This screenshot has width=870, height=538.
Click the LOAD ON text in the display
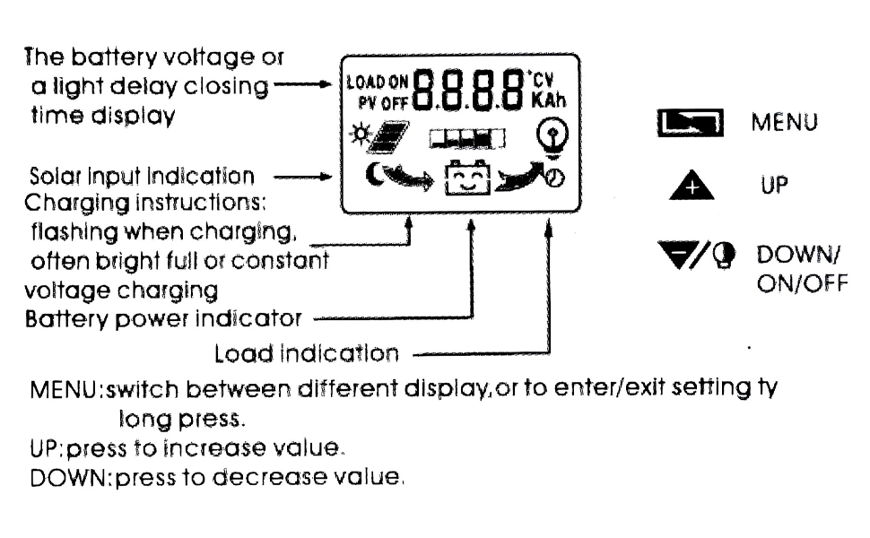[x=367, y=80]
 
